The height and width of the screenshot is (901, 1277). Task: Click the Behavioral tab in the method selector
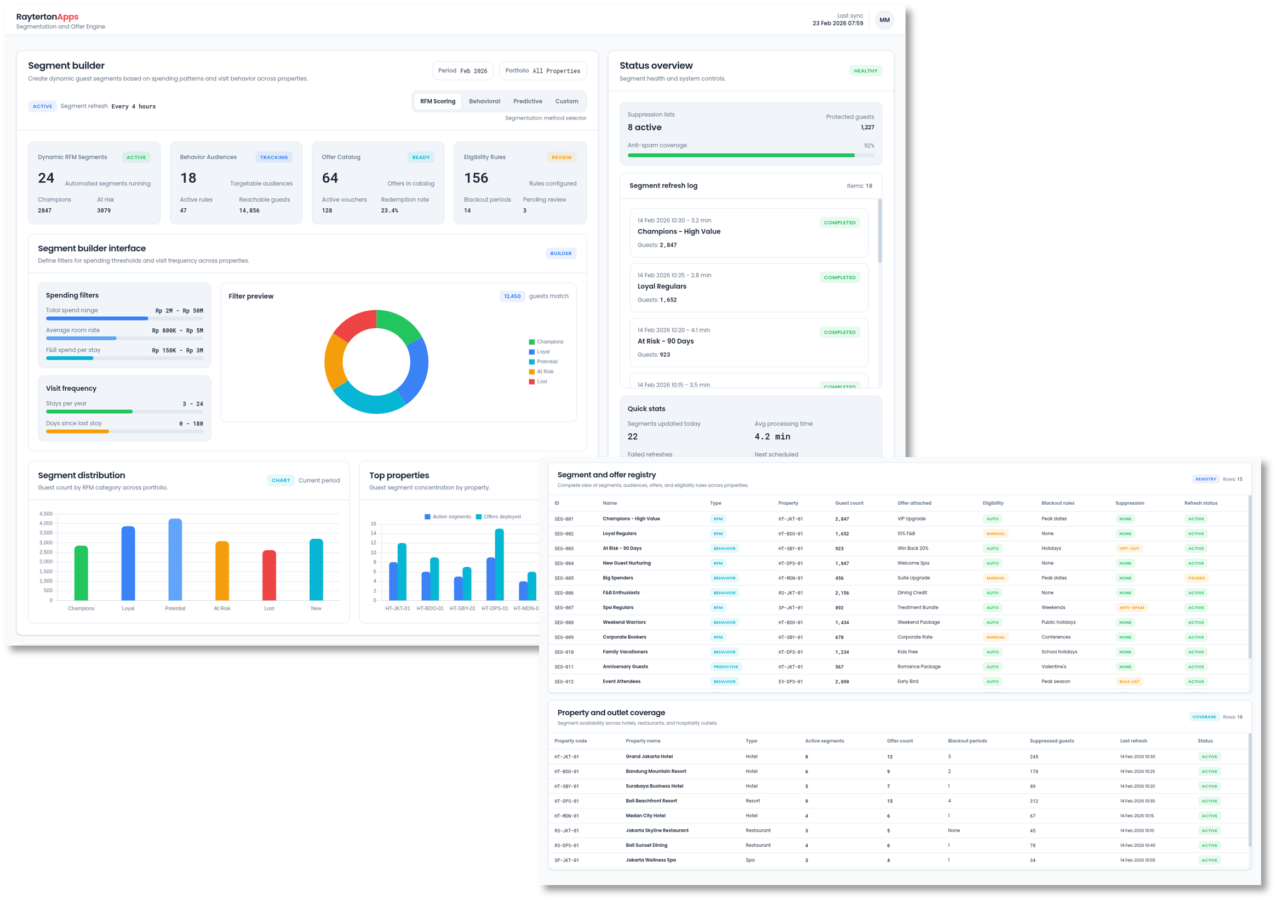484,101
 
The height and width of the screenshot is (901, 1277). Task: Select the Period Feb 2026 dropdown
462,71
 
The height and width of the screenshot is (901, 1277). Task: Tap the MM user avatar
884,20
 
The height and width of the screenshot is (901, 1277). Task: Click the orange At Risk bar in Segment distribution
222,571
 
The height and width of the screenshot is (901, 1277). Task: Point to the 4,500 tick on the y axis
45,514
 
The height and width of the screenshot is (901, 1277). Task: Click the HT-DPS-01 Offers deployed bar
499,564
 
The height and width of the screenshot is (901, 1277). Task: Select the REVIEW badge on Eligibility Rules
560,157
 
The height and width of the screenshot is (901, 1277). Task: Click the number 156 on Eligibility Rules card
476,178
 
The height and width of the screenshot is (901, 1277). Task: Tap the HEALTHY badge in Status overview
865,71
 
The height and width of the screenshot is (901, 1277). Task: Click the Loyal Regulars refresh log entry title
661,287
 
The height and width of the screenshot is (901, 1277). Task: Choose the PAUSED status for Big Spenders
1196,578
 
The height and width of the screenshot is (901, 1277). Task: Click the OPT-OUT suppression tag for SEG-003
1129,549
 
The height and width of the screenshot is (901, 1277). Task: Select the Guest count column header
849,503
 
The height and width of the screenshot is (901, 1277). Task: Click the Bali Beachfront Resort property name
651,801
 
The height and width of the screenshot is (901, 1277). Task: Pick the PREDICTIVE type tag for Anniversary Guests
725,666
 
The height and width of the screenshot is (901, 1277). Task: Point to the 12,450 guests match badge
512,296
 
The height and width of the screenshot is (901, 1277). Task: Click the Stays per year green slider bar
89,412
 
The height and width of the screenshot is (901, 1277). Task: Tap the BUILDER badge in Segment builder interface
560,253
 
